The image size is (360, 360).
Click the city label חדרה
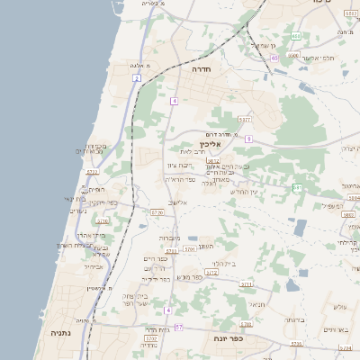201,67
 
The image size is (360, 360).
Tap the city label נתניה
61,332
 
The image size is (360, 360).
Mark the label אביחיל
94,266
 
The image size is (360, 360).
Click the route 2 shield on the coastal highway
136,78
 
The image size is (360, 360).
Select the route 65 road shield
273,58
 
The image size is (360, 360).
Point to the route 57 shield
178,327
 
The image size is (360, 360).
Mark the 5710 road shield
103,220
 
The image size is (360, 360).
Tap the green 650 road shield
295,36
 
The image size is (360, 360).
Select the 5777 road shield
245,119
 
